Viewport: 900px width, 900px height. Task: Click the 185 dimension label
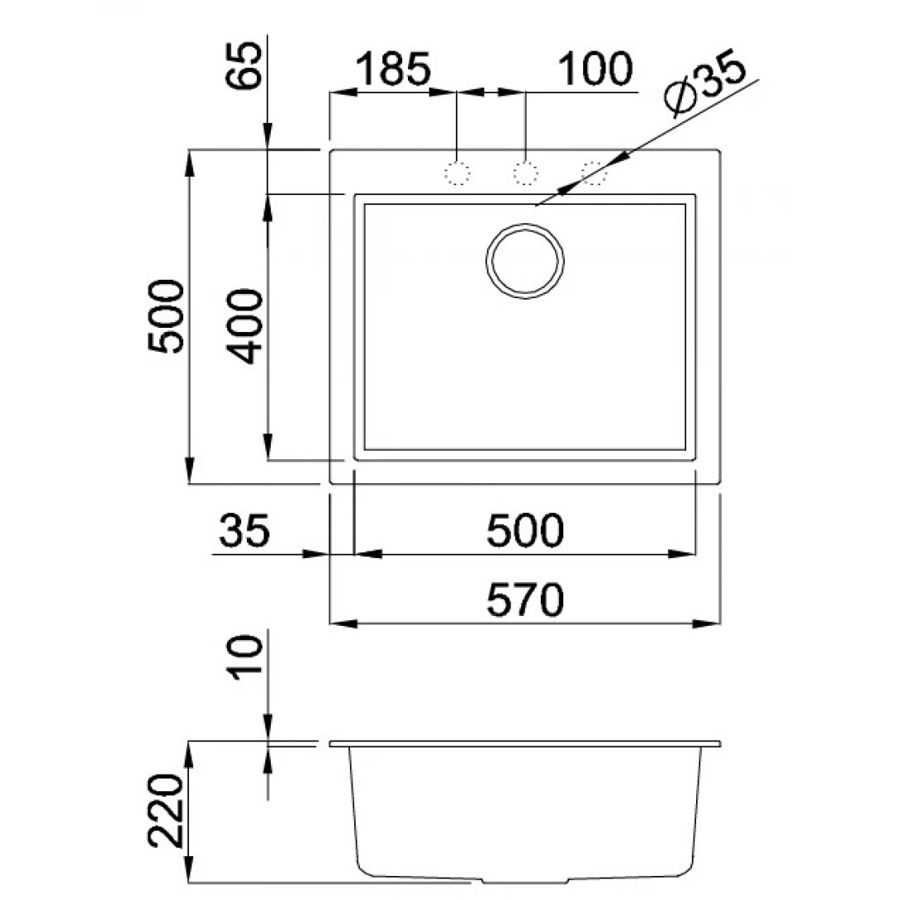tap(393, 69)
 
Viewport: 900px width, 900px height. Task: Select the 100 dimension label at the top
tap(595, 69)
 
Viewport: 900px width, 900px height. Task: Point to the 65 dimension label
tap(244, 64)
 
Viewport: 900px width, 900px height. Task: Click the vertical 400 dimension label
tap(244, 327)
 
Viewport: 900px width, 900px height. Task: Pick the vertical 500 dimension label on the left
tap(167, 315)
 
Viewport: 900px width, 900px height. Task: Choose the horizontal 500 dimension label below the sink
tap(525, 530)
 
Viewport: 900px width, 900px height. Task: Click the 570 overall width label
tap(525, 599)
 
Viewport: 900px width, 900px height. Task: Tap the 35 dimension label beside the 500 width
tap(244, 530)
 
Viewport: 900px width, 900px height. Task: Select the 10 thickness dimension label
tap(246, 657)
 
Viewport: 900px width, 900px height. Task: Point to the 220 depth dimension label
tap(166, 811)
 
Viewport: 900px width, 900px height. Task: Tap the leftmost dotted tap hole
tap(457, 173)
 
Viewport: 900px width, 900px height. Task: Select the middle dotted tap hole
tap(525, 173)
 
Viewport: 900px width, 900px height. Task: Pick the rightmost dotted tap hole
tap(594, 173)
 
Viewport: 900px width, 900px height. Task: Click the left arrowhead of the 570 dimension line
tap(343, 623)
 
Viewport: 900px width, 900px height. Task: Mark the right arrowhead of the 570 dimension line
tap(707, 623)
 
